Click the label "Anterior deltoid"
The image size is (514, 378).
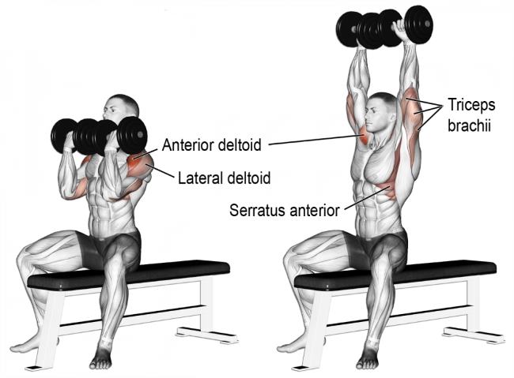[x=211, y=145]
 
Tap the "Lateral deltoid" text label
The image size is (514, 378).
[x=225, y=178]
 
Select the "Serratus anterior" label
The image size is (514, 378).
[x=284, y=210]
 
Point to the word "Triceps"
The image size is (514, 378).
[x=471, y=105]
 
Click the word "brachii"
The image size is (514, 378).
[x=469, y=125]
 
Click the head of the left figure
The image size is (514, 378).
[x=121, y=109]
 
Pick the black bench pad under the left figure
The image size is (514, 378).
[x=128, y=275]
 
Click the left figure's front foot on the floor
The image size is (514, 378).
[x=101, y=359]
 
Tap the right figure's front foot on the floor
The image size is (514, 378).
[x=368, y=359]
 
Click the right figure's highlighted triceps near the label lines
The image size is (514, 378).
[x=411, y=111]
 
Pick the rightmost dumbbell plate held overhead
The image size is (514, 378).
[x=418, y=25]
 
